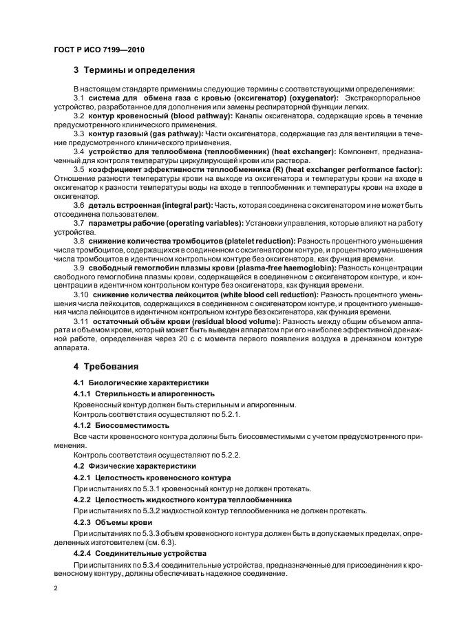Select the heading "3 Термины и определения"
click(x=134, y=70)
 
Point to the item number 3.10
click(x=81, y=294)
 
